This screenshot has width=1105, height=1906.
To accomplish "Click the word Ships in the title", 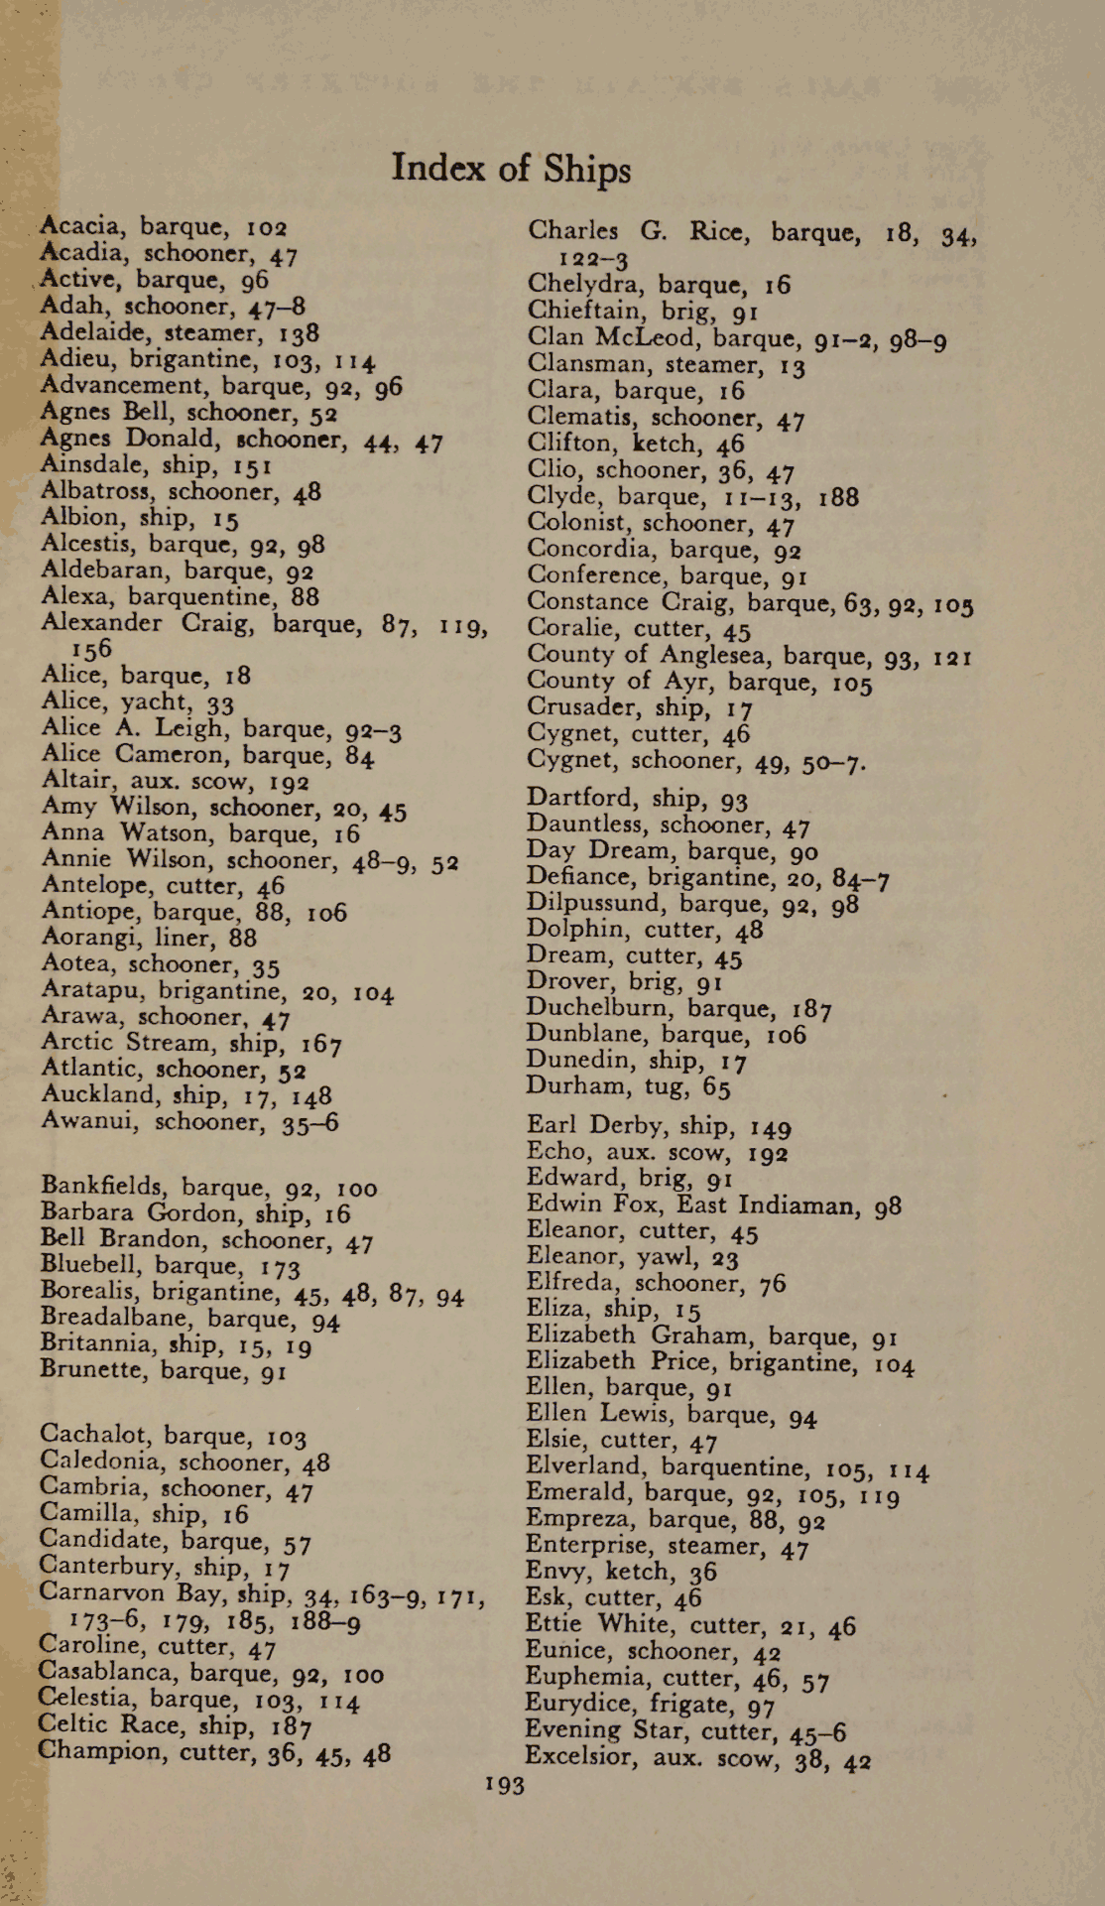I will pyautogui.click(x=586, y=170).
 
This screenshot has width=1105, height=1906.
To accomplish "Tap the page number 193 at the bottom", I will pyautogui.click(x=505, y=1785).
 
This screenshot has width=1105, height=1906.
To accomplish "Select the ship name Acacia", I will pyautogui.click(x=82, y=226).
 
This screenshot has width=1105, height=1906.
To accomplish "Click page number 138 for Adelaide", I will pyautogui.click(x=298, y=333).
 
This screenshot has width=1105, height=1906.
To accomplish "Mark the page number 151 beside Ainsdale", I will pyautogui.click(x=252, y=465).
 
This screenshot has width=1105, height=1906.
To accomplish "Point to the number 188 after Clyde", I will pyautogui.click(x=838, y=497).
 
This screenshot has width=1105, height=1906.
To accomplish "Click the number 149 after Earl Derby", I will pyautogui.click(x=770, y=1128).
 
